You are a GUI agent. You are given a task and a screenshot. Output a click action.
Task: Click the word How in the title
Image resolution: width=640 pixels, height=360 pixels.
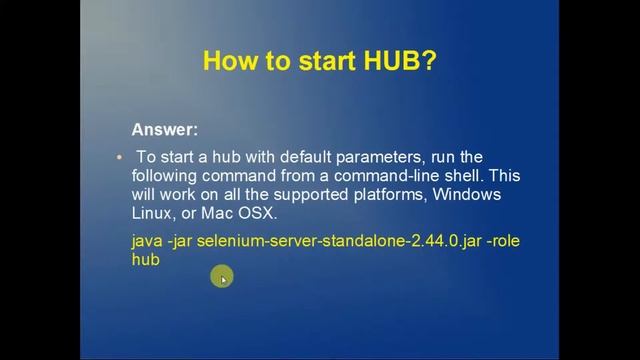coord(227,61)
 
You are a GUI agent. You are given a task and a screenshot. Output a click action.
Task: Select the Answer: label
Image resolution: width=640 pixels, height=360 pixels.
coord(165,129)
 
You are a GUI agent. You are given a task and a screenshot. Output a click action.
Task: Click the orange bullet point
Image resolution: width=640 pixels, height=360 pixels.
coord(118,157)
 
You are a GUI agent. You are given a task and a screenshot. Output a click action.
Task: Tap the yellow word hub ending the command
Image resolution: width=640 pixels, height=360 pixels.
coord(145,259)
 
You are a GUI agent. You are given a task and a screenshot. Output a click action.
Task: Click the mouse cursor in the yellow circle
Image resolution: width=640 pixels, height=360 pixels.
coord(222,278)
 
